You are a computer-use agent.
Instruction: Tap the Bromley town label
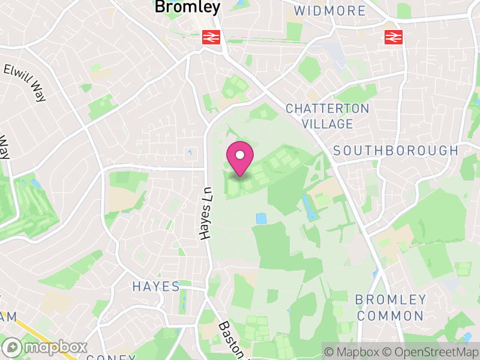point(187,7)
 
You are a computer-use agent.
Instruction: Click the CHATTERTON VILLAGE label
point(327,116)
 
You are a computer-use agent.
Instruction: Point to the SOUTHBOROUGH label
point(395,151)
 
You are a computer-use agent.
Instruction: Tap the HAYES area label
point(156,287)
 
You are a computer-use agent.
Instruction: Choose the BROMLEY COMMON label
point(390,307)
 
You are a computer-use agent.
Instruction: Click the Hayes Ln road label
point(207,213)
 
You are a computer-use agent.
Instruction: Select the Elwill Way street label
point(25,83)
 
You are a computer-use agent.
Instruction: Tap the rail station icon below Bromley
point(209,37)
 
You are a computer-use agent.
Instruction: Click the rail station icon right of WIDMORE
point(392,37)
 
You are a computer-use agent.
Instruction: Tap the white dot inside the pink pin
point(240,155)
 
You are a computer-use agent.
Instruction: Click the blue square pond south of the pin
point(261,218)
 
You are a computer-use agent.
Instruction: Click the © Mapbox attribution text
point(355,352)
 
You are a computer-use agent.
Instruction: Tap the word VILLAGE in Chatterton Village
point(327,124)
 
